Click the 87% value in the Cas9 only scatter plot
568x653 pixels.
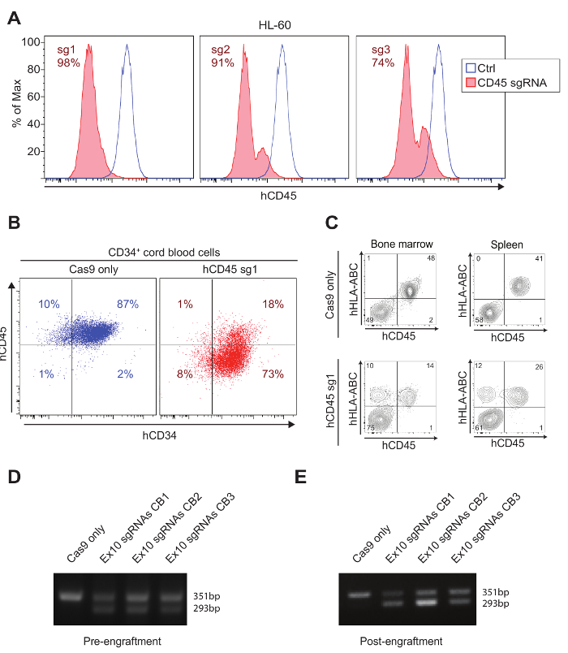126,304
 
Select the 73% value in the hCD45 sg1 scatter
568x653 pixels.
272,374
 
